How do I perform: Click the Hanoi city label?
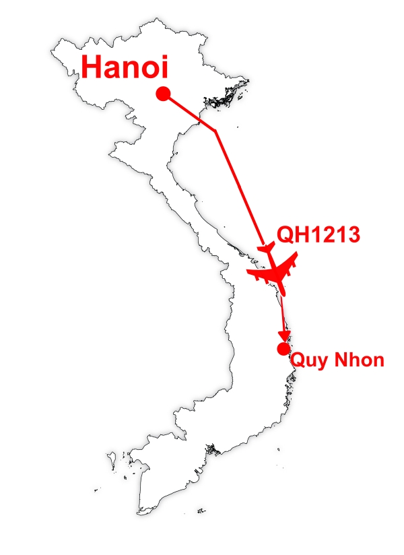pyautogui.click(x=124, y=68)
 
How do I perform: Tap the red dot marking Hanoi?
pyautogui.click(x=162, y=94)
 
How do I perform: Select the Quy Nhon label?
pyautogui.click(x=337, y=360)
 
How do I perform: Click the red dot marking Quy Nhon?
pyautogui.click(x=283, y=348)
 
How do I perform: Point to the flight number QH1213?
pyautogui.click(x=319, y=235)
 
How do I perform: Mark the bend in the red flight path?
pyautogui.click(x=215, y=131)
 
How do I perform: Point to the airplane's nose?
pyautogui.click(x=282, y=293)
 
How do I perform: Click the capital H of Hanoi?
pyautogui.click(x=92, y=68)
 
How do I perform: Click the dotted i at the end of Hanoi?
pyautogui.click(x=162, y=67)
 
